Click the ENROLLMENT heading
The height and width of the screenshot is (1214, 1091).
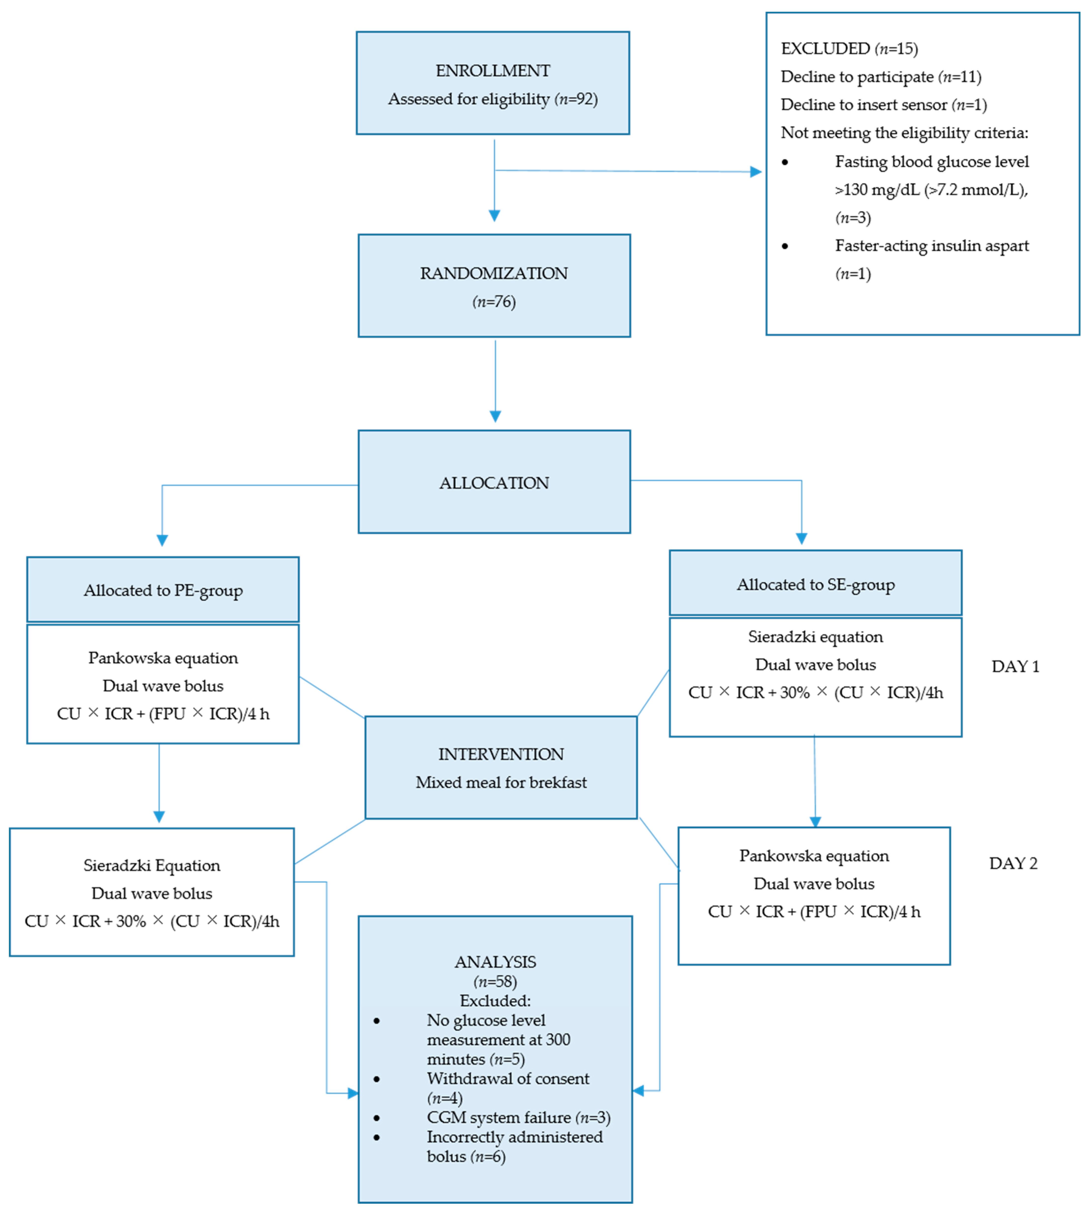(493, 71)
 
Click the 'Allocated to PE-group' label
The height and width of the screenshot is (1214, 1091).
(163, 591)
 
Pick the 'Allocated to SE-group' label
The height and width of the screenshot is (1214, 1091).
(815, 585)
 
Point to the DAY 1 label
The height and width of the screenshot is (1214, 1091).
(1015, 667)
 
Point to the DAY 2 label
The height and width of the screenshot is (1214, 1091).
(1013, 863)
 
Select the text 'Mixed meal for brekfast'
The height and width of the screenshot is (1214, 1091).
(501, 782)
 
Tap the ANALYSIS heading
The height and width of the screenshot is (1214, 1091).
(495, 962)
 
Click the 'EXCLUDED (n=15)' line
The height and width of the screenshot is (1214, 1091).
(849, 49)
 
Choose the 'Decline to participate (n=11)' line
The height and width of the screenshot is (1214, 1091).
(881, 77)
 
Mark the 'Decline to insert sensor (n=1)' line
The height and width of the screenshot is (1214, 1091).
(884, 105)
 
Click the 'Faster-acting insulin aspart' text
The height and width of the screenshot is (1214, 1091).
(932, 246)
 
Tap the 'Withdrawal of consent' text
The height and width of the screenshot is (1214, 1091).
(508, 1079)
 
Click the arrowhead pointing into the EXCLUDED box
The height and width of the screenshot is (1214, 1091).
(756, 172)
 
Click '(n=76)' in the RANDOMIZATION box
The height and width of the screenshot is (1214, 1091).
(494, 302)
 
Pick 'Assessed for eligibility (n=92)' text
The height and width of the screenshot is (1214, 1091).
(493, 99)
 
